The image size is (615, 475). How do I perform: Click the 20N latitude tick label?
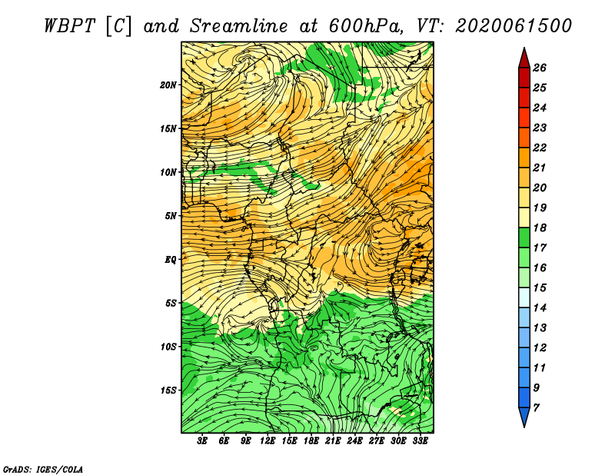point(168,85)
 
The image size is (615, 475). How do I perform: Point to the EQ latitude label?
point(171,260)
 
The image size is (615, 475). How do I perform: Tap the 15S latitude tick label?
point(168,390)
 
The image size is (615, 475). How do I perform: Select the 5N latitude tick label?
point(171,216)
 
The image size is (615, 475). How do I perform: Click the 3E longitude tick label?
point(202,441)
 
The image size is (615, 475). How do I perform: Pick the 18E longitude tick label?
point(311,441)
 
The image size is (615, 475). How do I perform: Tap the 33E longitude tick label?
point(420,441)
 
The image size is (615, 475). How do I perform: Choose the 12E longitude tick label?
point(268,441)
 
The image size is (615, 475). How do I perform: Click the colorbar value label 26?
point(540,68)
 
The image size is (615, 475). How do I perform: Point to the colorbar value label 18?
point(540,228)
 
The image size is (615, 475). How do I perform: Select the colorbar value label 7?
point(536,408)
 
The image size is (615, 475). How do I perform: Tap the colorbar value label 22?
point(540,148)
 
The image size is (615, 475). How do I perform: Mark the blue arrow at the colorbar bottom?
point(524,417)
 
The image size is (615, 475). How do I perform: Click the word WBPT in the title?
point(69,26)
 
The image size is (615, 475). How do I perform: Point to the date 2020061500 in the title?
point(514,26)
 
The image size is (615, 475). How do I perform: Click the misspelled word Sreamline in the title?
point(239,26)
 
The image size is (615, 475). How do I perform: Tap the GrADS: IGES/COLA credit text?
point(43,470)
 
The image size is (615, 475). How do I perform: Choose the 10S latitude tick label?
point(168,347)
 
